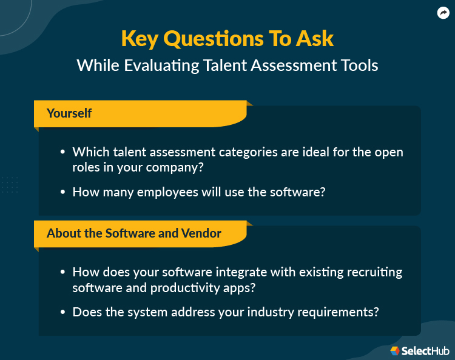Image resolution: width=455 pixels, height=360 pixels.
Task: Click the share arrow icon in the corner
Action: (442, 13)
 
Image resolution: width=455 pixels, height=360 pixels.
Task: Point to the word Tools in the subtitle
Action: (358, 65)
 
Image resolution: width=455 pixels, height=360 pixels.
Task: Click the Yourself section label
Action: (69, 113)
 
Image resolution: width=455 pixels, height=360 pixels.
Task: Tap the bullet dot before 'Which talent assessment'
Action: (62, 152)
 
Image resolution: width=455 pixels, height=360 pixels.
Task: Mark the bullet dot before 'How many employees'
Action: (62, 192)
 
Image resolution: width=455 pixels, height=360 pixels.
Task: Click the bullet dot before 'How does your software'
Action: (62, 272)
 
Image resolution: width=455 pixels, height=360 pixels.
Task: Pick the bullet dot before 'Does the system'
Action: (62, 313)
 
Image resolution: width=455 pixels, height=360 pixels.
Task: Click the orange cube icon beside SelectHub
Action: (394, 350)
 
